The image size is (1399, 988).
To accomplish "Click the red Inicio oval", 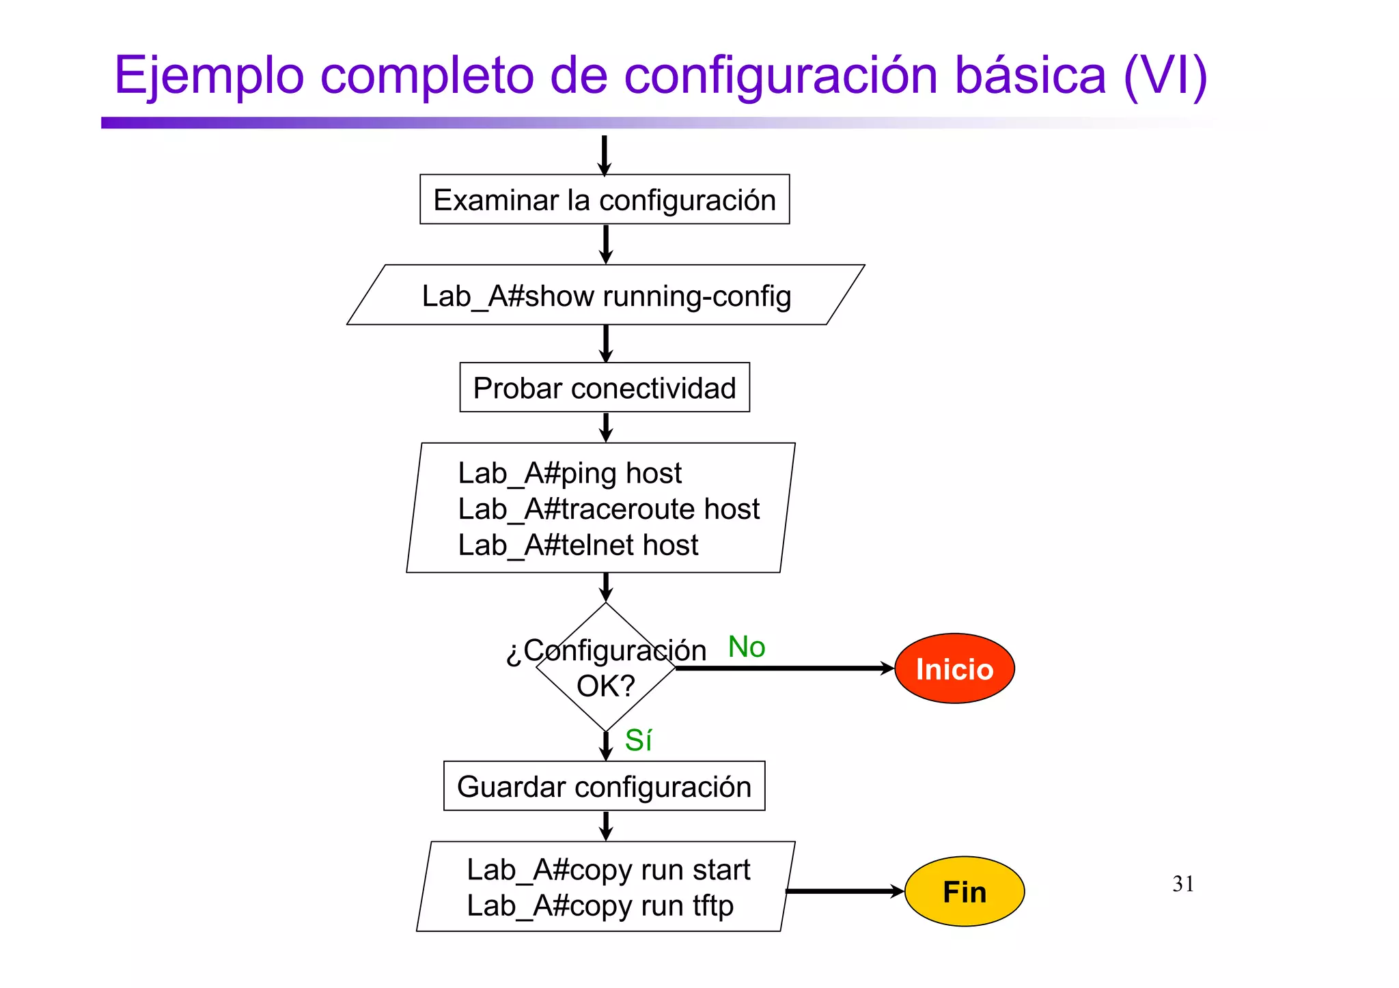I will click(x=954, y=668).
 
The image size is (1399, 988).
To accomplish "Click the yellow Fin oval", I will click(x=964, y=891).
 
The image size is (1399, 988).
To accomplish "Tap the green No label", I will click(x=746, y=647).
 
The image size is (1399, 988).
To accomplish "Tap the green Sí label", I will click(x=638, y=740).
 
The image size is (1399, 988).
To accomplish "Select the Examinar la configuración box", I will click(x=605, y=199).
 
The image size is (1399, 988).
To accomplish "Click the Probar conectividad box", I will click(x=605, y=388).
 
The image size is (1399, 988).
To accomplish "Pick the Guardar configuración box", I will click(x=605, y=786).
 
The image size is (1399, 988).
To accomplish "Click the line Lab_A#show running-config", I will click(x=606, y=296).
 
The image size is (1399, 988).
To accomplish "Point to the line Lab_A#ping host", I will click(x=569, y=473).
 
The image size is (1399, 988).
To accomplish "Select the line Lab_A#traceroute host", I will click(x=608, y=509).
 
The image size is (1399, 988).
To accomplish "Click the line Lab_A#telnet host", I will click(x=578, y=546).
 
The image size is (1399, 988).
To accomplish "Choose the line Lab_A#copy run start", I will click(x=608, y=870).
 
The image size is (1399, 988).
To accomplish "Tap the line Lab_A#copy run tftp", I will click(x=600, y=906).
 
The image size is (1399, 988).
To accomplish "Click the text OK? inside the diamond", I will click(x=605, y=686).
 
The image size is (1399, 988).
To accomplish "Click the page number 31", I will click(x=1183, y=884).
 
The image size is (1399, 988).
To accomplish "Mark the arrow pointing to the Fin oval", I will click(x=844, y=891).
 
